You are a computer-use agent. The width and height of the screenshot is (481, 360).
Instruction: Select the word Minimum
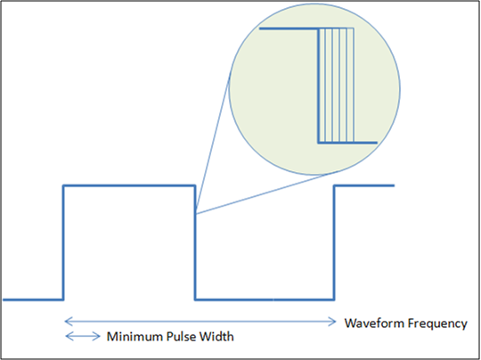point(135,337)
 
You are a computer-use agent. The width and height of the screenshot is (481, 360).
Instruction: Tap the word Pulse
point(182,337)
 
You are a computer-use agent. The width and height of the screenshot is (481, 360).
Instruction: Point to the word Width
point(216,337)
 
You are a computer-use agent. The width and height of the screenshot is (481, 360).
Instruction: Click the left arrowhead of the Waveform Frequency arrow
point(68,322)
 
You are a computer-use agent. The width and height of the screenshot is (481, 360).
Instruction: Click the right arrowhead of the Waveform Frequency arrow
point(332,322)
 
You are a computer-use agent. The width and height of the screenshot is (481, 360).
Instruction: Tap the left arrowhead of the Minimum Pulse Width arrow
point(69,336)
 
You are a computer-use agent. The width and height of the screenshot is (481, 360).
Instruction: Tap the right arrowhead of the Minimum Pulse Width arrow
point(96,336)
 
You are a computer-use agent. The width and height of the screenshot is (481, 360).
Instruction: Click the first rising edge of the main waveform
point(63,242)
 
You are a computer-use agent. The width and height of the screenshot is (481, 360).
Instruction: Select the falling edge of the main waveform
point(195,242)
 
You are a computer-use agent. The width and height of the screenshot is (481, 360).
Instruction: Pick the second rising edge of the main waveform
point(334,242)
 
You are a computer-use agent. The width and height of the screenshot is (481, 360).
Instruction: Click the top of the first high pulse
point(129,185)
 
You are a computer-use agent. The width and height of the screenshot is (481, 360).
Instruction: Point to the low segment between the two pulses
point(265,299)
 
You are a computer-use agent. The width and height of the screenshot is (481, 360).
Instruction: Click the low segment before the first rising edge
point(33,299)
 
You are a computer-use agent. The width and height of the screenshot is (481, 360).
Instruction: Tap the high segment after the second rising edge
point(364,185)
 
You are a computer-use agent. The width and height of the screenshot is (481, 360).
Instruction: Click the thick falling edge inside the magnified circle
point(318,86)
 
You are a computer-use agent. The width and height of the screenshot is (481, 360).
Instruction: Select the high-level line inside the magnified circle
point(289,29)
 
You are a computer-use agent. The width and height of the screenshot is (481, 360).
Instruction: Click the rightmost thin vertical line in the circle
point(354,86)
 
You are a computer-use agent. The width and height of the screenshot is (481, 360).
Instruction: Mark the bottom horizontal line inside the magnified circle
point(347,143)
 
